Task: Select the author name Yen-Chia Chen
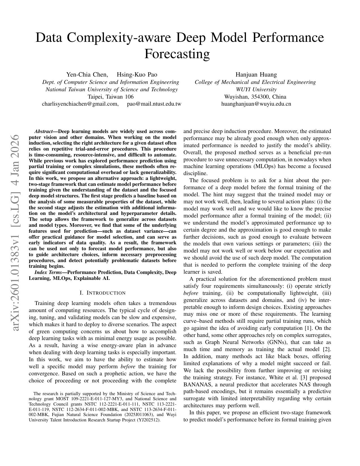(x=87, y=75)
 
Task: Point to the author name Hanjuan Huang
(x=256, y=75)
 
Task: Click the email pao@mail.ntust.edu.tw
(x=154, y=104)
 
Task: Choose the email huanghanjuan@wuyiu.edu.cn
(x=256, y=104)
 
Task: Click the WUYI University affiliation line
(x=256, y=89)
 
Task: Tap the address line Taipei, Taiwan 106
(x=111, y=97)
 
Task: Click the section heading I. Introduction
(x=103, y=293)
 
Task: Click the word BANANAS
(x=197, y=384)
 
